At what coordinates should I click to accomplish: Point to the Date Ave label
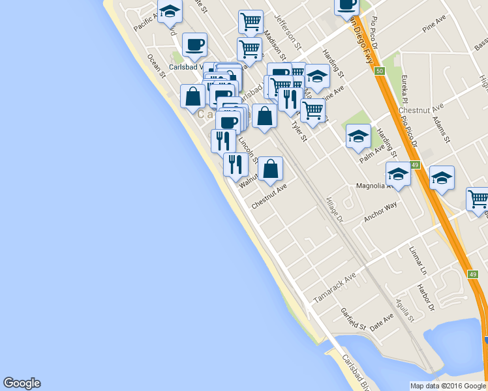click(x=382, y=321)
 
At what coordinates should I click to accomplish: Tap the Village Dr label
click(x=334, y=209)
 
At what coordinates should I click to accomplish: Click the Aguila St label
click(x=405, y=311)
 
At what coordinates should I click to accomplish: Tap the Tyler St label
click(x=299, y=130)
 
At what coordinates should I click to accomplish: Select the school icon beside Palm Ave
click(x=358, y=136)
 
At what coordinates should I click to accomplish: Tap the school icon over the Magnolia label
click(x=398, y=173)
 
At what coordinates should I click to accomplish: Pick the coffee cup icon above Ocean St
click(x=194, y=44)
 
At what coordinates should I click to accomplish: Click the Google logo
click(x=22, y=383)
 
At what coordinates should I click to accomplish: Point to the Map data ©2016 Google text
click(x=447, y=386)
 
